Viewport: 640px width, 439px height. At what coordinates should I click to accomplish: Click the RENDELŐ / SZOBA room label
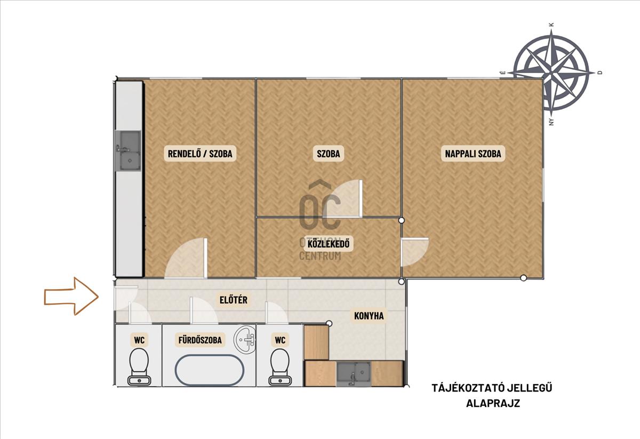tap(200, 154)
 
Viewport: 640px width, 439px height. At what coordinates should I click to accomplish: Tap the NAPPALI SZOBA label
tap(473, 154)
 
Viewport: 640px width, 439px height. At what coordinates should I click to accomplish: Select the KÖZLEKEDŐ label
tap(329, 244)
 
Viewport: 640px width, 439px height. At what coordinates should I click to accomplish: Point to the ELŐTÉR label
tap(234, 300)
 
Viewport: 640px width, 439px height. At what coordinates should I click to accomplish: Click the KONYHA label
tap(369, 316)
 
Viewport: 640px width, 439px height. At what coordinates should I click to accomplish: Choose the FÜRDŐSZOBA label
tap(200, 340)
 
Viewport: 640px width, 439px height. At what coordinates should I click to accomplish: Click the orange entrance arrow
tap(71, 296)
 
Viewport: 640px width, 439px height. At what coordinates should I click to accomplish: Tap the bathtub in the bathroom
tap(210, 370)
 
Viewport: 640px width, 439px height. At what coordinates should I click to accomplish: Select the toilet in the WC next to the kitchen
tap(280, 368)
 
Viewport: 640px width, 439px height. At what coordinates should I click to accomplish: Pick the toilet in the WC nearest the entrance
tap(139, 368)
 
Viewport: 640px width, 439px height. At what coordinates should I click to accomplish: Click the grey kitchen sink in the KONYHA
tap(354, 374)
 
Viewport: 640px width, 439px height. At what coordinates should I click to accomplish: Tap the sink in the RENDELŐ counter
tap(128, 150)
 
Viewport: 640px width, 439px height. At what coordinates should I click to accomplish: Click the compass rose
tap(551, 73)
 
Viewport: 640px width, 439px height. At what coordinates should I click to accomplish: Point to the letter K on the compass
tap(551, 25)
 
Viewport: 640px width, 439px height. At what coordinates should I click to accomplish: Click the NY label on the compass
tap(551, 122)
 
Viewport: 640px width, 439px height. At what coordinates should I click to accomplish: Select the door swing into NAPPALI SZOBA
tap(415, 252)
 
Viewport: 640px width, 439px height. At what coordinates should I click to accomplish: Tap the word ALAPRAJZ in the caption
tap(493, 403)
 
